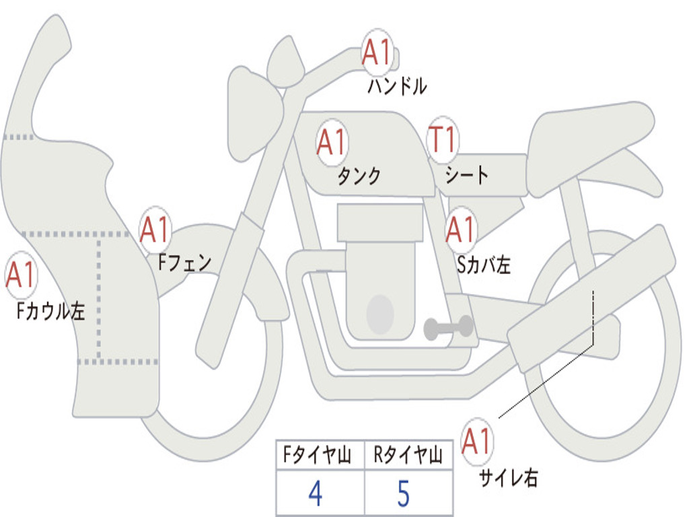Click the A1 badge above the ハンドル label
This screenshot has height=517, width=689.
pyautogui.click(x=377, y=52)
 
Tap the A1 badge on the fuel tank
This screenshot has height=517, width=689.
pyautogui.click(x=332, y=143)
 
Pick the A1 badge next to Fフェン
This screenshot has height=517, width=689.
pyautogui.click(x=155, y=230)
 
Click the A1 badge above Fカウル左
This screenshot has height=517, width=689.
pyautogui.click(x=21, y=275)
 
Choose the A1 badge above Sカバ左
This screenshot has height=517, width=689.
pyautogui.click(x=460, y=230)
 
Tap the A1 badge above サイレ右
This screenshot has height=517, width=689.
pyautogui.click(x=477, y=441)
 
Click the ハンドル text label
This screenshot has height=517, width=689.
pyautogui.click(x=397, y=86)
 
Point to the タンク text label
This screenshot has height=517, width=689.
pyautogui.click(x=359, y=176)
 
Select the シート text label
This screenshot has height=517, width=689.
pyautogui.click(x=466, y=174)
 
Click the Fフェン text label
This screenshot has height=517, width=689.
pyautogui.click(x=184, y=263)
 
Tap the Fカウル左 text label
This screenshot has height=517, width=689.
pyautogui.click(x=50, y=310)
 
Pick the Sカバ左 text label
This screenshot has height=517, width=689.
pyautogui.click(x=483, y=265)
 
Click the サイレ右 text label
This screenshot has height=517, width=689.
pyautogui.click(x=508, y=477)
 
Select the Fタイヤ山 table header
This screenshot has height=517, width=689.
pyautogui.click(x=317, y=455)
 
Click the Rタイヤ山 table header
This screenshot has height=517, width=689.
pyautogui.click(x=408, y=455)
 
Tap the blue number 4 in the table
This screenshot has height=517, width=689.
pyautogui.click(x=316, y=493)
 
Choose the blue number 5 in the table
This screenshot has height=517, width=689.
pyautogui.click(x=404, y=493)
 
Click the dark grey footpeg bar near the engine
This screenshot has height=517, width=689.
pyautogui.click(x=448, y=328)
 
